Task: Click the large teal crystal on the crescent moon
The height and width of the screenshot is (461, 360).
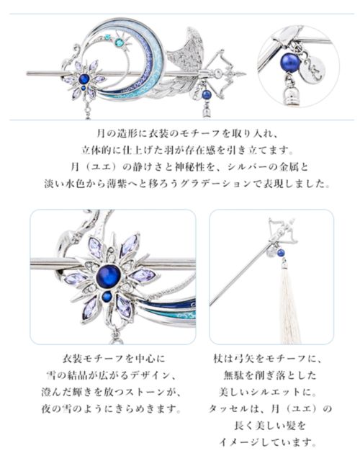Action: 120,42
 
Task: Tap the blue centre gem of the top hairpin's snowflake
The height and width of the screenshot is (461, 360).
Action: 85,79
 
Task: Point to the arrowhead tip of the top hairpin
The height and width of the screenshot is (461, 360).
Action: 245,73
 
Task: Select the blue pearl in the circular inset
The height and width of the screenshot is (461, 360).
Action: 291,63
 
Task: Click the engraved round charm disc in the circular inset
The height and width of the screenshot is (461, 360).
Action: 314,69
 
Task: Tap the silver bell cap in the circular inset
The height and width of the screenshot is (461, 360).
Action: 289,95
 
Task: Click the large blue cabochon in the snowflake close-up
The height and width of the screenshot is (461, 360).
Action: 108,277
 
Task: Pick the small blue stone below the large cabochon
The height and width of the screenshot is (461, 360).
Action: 107,296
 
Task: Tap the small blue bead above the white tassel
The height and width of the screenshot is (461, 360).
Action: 282,252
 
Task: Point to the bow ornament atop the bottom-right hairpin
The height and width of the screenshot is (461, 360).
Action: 283,232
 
